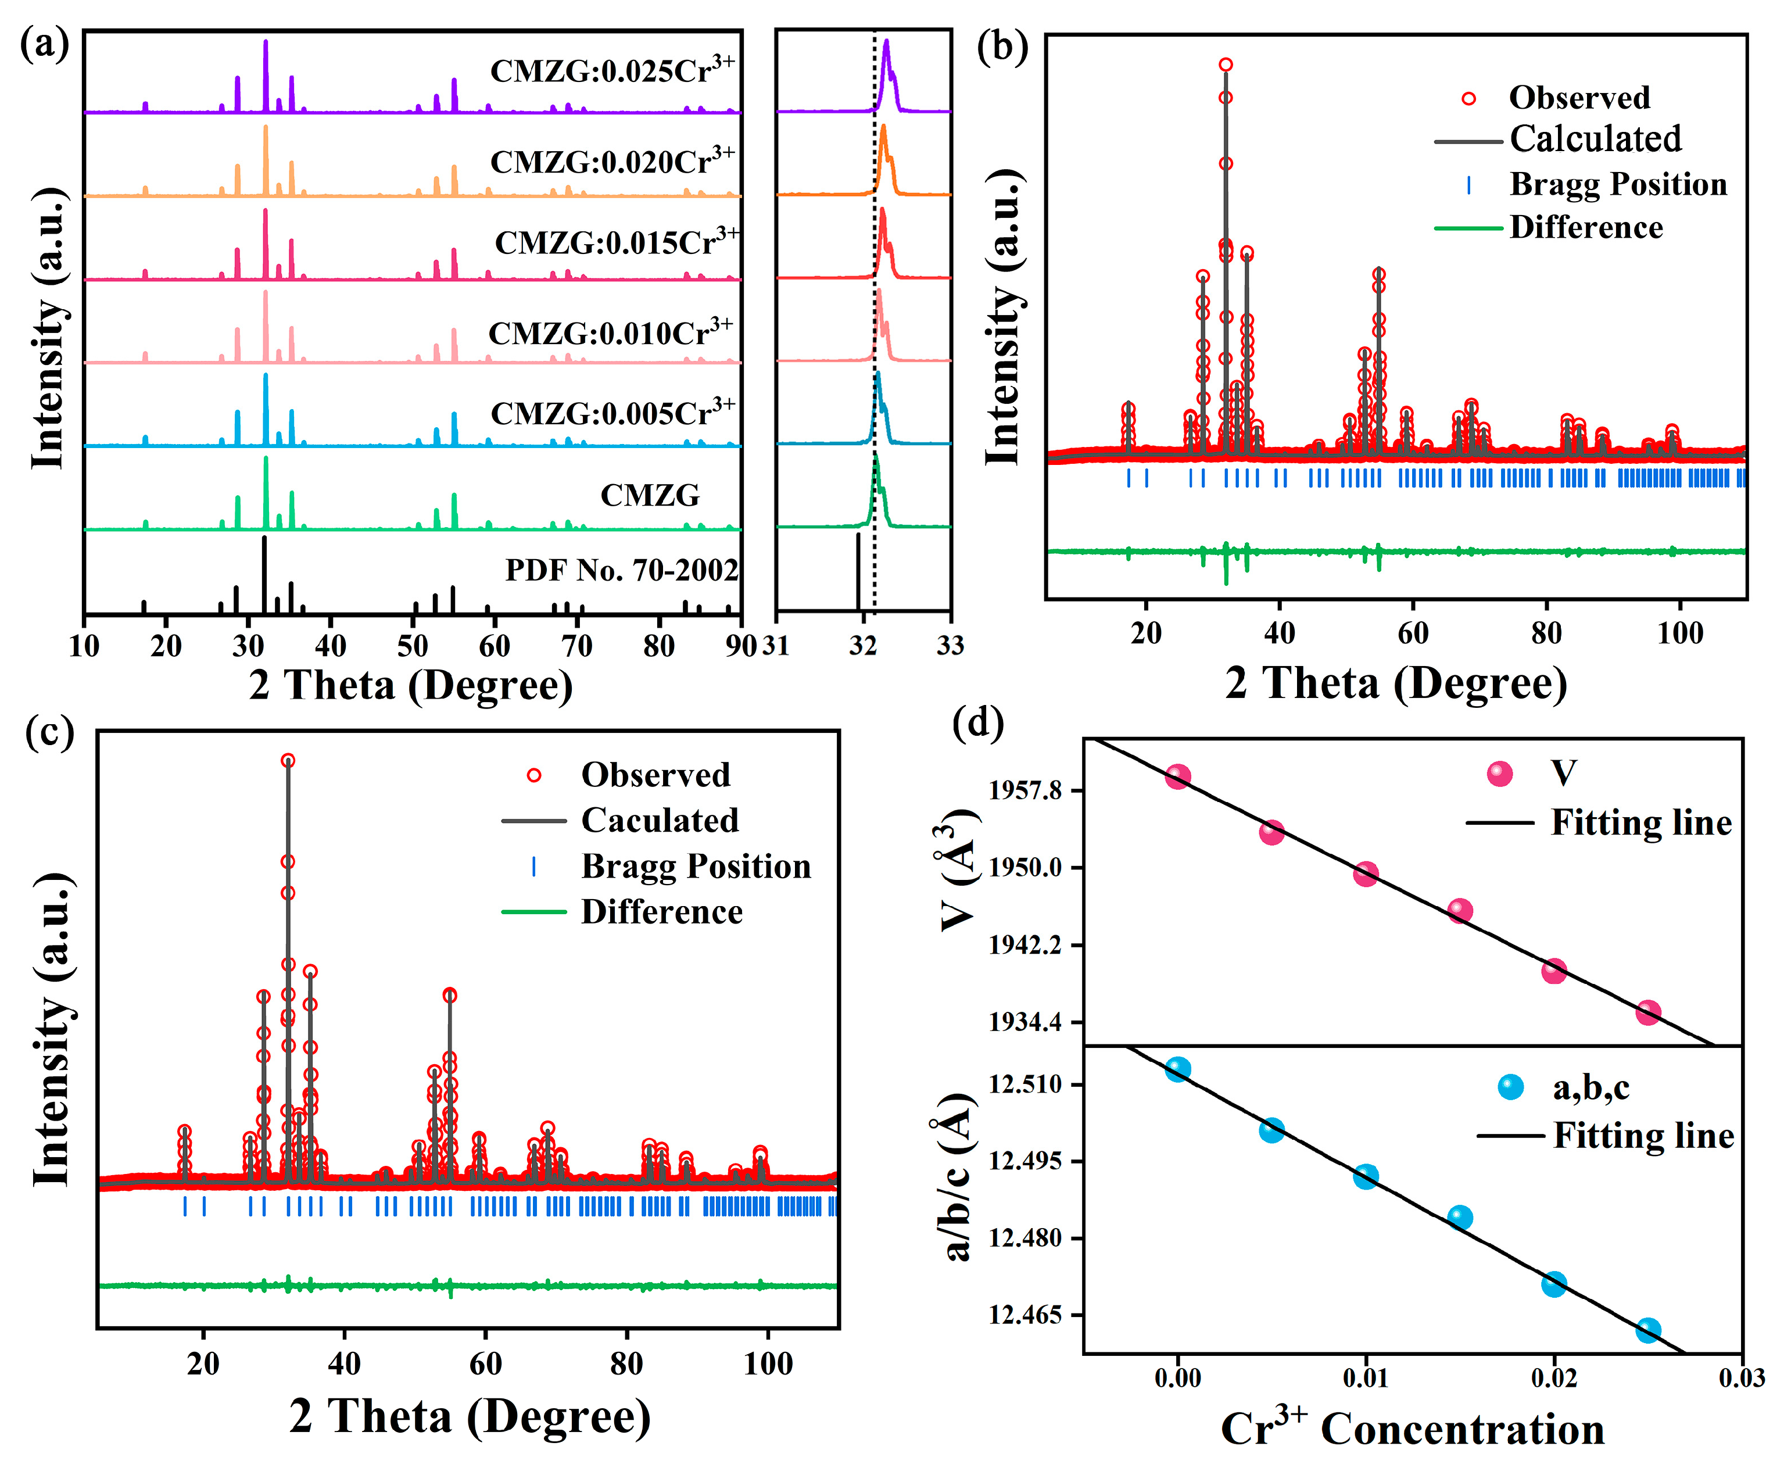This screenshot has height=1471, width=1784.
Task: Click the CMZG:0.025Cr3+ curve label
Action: tap(611, 71)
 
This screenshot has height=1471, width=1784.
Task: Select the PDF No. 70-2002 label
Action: tap(622, 570)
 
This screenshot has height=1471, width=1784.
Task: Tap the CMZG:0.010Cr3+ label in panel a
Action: tap(610, 333)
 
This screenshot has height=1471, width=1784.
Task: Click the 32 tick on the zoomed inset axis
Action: tap(862, 646)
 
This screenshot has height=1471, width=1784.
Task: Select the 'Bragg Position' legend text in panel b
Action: tap(1617, 184)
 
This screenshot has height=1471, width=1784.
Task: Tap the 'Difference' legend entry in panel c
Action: tap(661, 912)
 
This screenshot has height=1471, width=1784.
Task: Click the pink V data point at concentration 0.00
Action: tap(1177, 776)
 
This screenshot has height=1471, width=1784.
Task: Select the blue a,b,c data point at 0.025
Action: tap(1647, 1330)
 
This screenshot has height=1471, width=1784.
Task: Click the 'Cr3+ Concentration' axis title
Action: tap(1412, 1430)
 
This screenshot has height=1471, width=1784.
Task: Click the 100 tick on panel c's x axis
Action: tap(768, 1364)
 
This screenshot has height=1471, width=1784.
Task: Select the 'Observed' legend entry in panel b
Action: tap(1578, 98)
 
